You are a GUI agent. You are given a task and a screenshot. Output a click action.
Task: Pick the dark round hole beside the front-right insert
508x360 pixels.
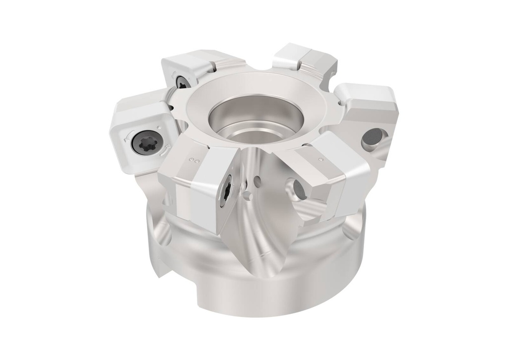point(300,189)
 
